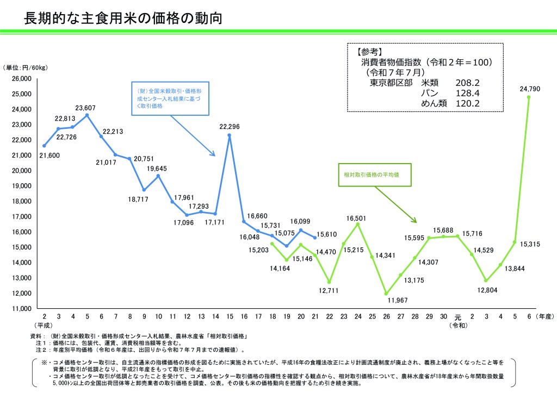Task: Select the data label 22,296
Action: coord(230,127)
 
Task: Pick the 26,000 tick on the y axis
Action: coord(22,79)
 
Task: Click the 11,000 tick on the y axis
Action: coord(22,309)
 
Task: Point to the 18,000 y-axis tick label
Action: coord(22,201)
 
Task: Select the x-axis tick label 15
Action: coord(230,316)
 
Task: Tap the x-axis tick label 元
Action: coord(458,317)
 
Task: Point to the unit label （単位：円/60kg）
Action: coord(26,68)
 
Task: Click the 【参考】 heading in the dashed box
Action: coord(370,52)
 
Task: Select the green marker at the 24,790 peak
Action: coord(529,97)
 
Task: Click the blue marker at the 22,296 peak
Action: coord(230,135)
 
